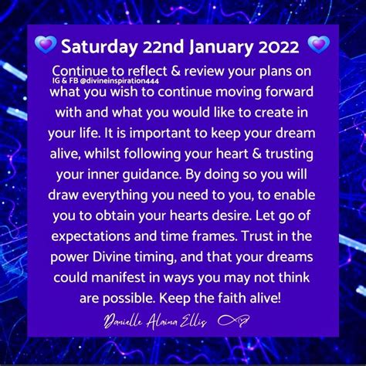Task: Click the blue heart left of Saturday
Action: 46,45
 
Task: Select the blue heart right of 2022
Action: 318,45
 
